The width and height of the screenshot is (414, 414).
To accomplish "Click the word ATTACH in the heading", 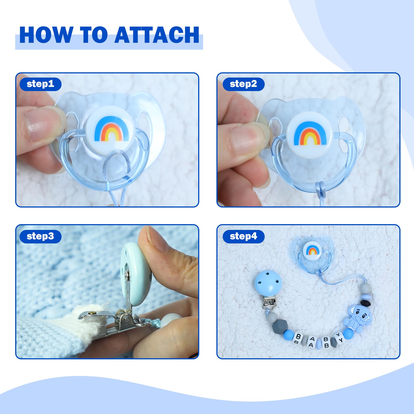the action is (x=157, y=35).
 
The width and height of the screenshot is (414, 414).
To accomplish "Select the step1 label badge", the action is (x=40, y=84).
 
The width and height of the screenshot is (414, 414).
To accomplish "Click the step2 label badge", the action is (x=243, y=84).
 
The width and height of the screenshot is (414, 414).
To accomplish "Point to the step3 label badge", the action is (x=40, y=236).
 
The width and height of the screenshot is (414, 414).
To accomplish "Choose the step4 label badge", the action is (x=243, y=236).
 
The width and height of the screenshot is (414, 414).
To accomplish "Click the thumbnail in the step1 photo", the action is (x=41, y=124).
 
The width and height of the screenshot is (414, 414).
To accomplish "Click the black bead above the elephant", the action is (x=366, y=303).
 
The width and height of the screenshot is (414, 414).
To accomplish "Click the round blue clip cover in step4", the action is (x=268, y=284).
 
